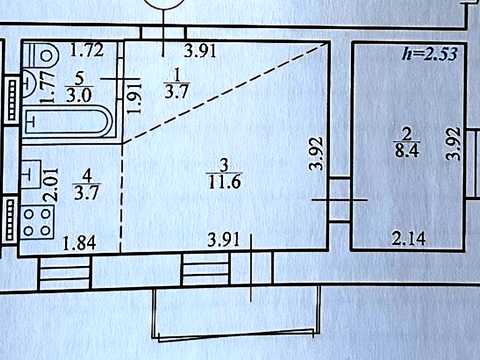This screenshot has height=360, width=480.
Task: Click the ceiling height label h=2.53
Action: tap(430, 54)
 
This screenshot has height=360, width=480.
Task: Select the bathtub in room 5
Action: tap(67, 121)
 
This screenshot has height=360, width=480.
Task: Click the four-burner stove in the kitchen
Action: tap(37, 222)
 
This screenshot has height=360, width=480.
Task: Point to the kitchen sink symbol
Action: tap(31, 173)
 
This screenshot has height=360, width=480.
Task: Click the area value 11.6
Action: tap(225, 182)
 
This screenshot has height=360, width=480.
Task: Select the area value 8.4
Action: tap(407, 150)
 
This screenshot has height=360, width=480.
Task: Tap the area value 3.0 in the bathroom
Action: tap(79, 96)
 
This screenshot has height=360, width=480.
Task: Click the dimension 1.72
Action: tap(87, 50)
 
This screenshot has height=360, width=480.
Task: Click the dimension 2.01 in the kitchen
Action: tap(52, 184)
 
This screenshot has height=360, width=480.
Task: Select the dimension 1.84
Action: tap(79, 243)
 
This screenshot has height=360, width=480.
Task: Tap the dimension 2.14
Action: tap(409, 239)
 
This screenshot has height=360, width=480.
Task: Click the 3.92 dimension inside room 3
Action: tap(317, 153)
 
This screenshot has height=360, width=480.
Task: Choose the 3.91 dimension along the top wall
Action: tap(201, 51)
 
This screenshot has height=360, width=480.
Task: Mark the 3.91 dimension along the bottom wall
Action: tap(223, 240)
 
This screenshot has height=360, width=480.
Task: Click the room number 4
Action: tap(87, 176)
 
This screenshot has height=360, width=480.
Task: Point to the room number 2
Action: tap(407, 135)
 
